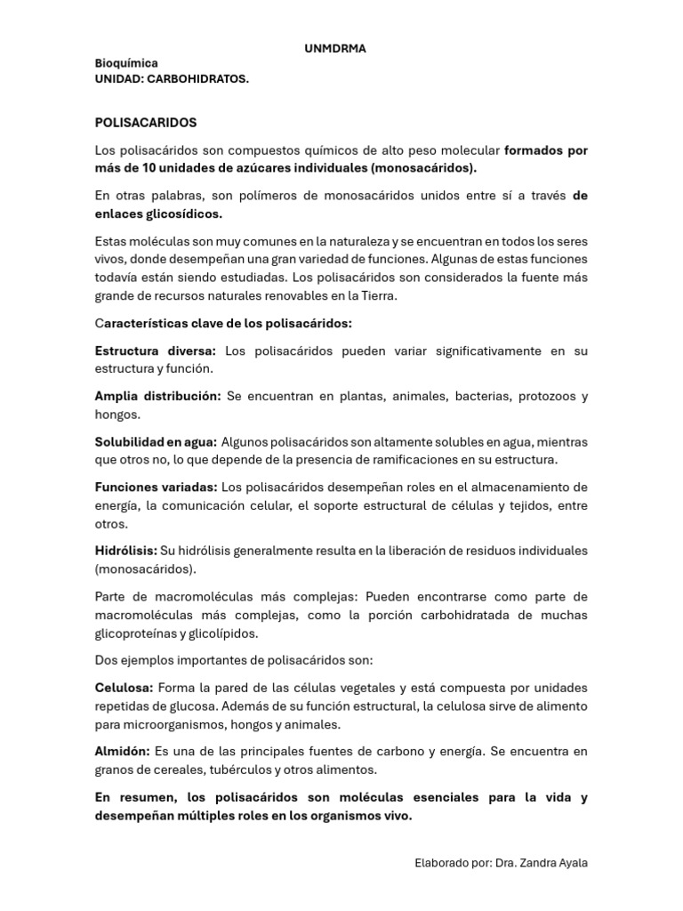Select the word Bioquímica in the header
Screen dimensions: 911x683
tap(126, 64)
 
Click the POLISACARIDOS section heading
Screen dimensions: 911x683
tap(146, 122)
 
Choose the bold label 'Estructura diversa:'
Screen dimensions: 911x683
tap(156, 351)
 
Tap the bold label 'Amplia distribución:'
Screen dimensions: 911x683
tap(158, 397)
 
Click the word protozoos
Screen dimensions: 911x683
tap(547, 397)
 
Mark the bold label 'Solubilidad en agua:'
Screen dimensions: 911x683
tap(156, 442)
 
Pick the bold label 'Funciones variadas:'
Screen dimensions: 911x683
tap(156, 488)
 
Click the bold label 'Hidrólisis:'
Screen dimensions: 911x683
tap(126, 552)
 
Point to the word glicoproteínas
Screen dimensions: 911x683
tap(137, 633)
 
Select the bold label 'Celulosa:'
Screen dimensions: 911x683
tap(125, 689)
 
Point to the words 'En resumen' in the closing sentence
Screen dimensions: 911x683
tap(133, 798)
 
